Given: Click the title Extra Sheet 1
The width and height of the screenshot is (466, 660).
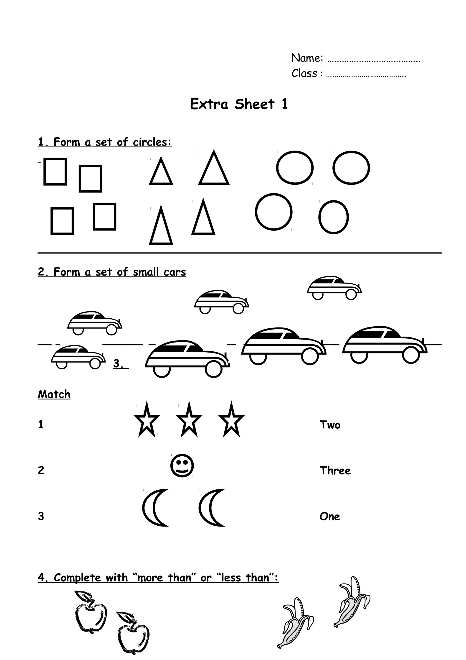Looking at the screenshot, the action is coord(239,104).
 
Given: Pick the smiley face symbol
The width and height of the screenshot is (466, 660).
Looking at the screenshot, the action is coord(182,466).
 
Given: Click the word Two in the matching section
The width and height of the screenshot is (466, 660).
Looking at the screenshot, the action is coord(330,425).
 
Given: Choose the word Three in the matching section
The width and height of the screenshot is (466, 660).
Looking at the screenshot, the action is coord(335,471).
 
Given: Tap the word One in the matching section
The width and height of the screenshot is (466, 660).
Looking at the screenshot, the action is coord(330,517).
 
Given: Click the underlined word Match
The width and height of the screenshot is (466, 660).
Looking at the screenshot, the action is coord(54,394).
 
